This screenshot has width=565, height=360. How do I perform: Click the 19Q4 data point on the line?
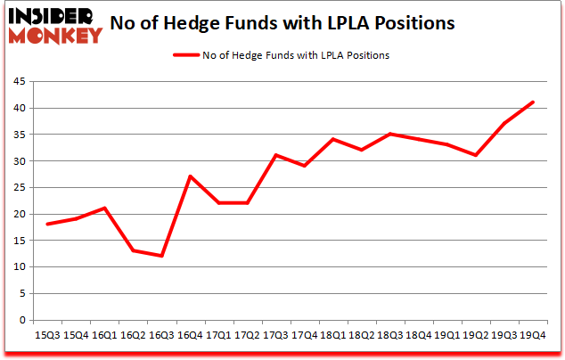click(533, 102)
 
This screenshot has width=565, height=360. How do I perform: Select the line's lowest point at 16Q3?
click(162, 256)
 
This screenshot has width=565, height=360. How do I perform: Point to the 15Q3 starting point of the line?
click(47, 224)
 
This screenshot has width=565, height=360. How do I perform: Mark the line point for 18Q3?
click(390, 134)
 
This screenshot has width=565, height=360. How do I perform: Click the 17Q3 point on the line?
click(276, 155)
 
